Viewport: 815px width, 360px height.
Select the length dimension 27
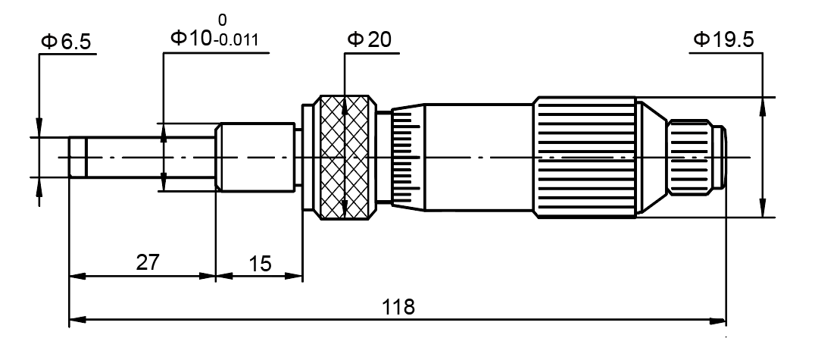[148, 262]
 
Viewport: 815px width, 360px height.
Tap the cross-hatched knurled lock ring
[345, 158]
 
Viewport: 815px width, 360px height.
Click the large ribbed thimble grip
[584, 158]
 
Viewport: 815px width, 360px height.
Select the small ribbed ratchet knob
[691, 158]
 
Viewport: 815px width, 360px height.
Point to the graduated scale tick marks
[407, 158]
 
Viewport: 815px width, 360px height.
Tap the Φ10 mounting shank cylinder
[256, 158]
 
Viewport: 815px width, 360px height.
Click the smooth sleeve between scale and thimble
[477, 158]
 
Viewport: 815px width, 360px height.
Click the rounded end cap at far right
[723, 158]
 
